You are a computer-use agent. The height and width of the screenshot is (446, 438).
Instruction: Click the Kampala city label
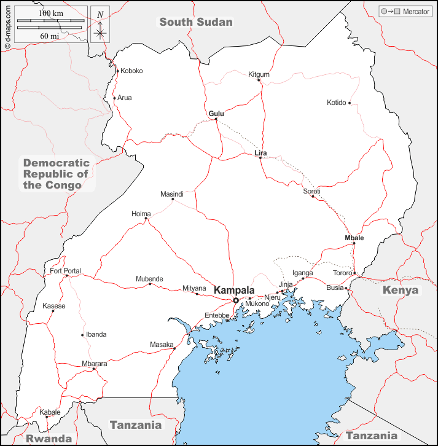(233, 289)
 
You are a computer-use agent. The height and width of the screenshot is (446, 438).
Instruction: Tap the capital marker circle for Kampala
(236, 300)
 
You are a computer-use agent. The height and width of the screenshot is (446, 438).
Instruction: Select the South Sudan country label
(196, 22)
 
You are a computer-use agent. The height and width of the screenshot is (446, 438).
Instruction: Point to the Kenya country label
(400, 290)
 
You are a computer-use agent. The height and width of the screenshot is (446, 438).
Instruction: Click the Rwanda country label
(49, 439)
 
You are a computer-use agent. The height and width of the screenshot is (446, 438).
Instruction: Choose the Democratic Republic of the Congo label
(57, 174)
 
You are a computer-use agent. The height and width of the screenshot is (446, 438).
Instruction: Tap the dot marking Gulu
(216, 119)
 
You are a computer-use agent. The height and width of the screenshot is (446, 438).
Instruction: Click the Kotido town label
(337, 103)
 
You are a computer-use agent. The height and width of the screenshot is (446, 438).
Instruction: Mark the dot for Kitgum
(259, 80)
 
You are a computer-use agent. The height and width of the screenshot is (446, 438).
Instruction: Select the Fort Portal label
(65, 271)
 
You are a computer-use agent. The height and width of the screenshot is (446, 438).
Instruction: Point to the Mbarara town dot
(93, 369)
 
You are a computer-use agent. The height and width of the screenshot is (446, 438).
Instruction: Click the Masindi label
(172, 194)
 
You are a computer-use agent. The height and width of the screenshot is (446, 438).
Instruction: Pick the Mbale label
(354, 238)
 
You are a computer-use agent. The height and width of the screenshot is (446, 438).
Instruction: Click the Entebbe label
(217, 315)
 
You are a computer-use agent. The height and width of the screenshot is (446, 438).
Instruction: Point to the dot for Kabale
(47, 417)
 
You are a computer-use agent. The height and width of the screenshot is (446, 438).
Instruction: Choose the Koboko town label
(131, 71)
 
